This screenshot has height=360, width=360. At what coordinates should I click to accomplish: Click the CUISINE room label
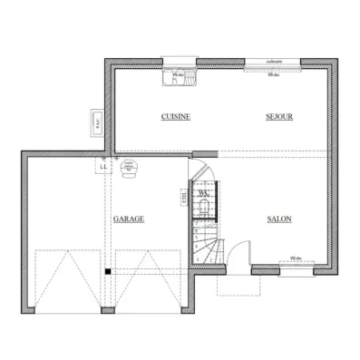pyautogui.click(x=175, y=116)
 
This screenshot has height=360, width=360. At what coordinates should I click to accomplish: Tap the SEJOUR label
pyautogui.click(x=278, y=116)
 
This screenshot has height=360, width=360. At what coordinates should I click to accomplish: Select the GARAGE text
pyautogui.click(x=129, y=219)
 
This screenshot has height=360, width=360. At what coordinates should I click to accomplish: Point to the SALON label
pyautogui.click(x=278, y=219)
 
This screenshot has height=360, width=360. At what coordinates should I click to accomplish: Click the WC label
pyautogui.click(x=205, y=192)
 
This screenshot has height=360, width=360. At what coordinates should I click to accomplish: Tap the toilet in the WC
pyautogui.click(x=204, y=207)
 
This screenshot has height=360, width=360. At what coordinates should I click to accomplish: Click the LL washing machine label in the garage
pyautogui.click(x=103, y=166)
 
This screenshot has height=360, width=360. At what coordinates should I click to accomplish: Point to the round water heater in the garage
pyautogui.click(x=128, y=168)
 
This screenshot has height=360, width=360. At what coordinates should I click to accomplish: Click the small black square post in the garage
pyautogui.click(x=107, y=270)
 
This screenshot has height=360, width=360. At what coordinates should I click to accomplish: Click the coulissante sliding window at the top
pyautogui.click(x=273, y=63)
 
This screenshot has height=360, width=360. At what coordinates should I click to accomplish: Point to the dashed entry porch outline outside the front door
pyautogui.click(x=238, y=284)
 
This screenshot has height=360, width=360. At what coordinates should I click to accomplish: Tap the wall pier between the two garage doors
pyautogui.click(x=107, y=310)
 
